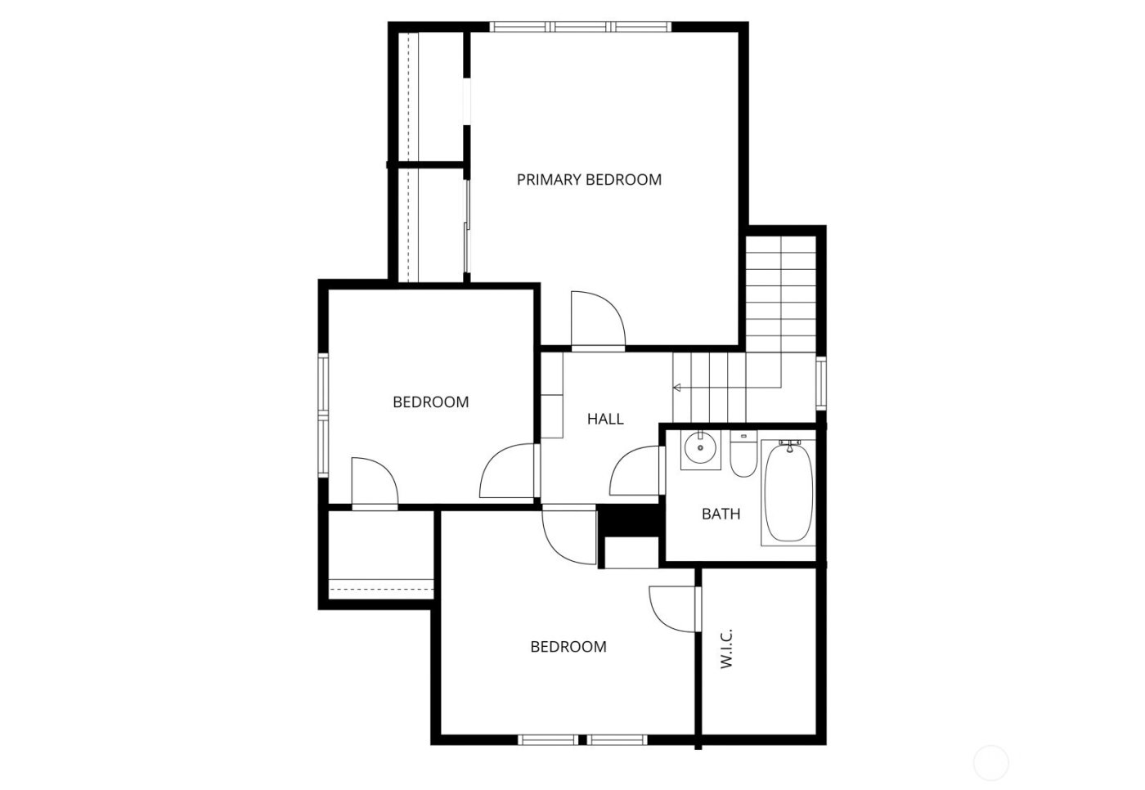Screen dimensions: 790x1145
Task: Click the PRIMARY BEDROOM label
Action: point(589,180)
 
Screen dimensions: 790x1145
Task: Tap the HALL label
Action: point(605,420)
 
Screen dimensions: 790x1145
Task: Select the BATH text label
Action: point(721,514)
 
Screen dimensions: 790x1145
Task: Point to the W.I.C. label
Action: point(727,649)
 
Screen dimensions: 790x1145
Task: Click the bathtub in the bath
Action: point(787,495)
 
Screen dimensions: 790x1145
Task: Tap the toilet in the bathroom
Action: point(743,457)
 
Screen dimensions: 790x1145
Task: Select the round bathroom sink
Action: point(700,448)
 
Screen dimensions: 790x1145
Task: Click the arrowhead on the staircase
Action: point(677,387)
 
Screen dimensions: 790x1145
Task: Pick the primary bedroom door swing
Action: point(598,320)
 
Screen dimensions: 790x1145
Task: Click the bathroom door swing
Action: point(635,471)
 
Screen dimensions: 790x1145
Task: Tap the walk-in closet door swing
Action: point(673,607)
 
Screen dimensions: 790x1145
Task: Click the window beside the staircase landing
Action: point(821,383)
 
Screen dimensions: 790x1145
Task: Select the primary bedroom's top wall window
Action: point(581,27)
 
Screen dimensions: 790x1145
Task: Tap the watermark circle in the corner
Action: point(991,762)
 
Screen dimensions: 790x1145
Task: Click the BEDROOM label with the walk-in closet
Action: point(568,647)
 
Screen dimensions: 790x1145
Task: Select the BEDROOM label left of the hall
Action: point(431,402)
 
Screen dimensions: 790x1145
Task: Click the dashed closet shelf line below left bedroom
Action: point(380,587)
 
